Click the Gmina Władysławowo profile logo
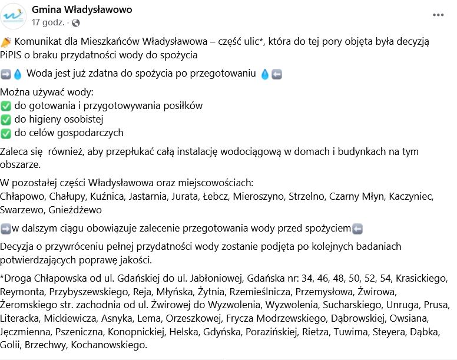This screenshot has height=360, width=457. click(x=14, y=16)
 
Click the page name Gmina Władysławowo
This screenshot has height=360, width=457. click(x=82, y=9)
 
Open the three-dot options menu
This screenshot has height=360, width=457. click(x=438, y=15)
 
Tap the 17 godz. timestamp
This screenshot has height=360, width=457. click(x=49, y=23)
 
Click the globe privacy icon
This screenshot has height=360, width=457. click(x=75, y=23)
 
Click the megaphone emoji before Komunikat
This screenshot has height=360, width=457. click(x=6, y=41)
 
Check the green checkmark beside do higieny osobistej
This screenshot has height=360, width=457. click(x=6, y=120)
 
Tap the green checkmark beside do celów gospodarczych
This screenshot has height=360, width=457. click(x=6, y=133)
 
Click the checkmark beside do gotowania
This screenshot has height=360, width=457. click(x=6, y=106)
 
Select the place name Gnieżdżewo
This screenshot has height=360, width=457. click(x=75, y=210)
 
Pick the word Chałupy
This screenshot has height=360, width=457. click(x=66, y=196)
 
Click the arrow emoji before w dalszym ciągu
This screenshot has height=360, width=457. click(x=6, y=229)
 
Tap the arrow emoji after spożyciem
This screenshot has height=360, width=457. click(x=357, y=229)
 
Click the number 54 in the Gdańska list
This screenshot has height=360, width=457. click(x=385, y=278)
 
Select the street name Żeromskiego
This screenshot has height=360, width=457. click(x=28, y=305)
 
